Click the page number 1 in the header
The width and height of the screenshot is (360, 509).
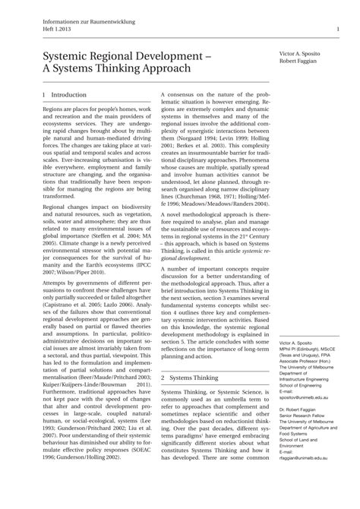coord(336,30)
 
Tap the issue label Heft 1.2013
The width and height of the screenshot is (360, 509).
coord(49,30)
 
